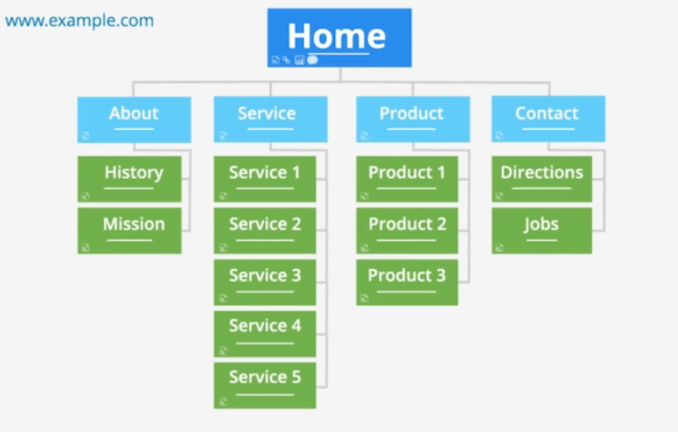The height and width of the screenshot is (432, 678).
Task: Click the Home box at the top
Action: point(340,37)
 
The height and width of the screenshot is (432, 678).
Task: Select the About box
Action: point(134,120)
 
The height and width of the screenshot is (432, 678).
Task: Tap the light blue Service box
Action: point(271,119)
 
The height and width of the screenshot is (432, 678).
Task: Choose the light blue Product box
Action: point(413,119)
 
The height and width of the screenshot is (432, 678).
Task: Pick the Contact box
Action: point(548,119)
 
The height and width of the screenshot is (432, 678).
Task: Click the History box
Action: point(129,179)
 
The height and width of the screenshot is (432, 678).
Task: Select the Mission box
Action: point(129,231)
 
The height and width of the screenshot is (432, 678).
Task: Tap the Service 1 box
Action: point(265,179)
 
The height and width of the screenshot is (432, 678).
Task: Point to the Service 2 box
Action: point(265,231)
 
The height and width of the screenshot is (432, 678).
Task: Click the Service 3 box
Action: point(265,282)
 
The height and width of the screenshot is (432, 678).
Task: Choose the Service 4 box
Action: point(265,334)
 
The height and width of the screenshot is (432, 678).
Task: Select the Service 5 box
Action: point(265,385)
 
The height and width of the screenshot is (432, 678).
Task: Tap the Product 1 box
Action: point(407,179)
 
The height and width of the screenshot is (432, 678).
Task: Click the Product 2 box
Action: point(407,231)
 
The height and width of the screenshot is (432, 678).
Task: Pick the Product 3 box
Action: point(407,282)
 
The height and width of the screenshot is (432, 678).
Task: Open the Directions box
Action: point(542,179)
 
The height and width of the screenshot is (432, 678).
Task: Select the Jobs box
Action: point(542,231)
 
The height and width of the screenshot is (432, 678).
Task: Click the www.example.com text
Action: point(80,21)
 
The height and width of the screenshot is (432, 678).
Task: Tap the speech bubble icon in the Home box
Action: point(312,60)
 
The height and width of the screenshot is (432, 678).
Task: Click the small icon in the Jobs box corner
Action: point(499,248)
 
